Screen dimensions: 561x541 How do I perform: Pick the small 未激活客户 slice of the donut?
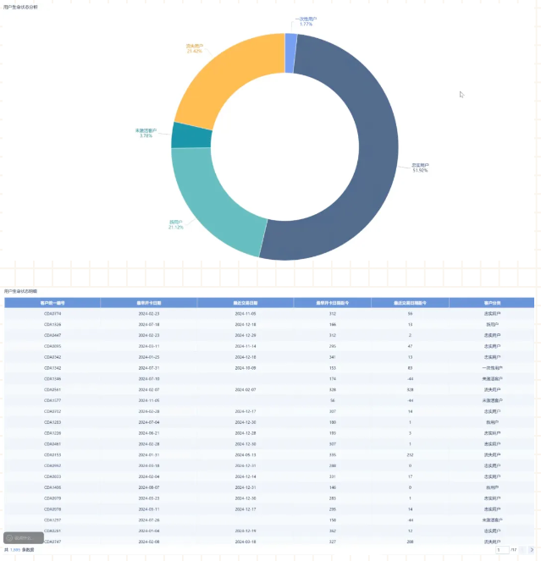[x=180, y=135]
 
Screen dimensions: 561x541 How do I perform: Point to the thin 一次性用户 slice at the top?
[x=290, y=41]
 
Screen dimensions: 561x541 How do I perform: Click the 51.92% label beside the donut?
[x=420, y=170]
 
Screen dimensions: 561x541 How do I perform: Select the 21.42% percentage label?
[x=194, y=52]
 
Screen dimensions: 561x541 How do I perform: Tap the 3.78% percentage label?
[x=146, y=135]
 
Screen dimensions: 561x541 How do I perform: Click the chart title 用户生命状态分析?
[x=20, y=6]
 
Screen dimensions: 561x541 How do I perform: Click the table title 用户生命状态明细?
[x=20, y=290]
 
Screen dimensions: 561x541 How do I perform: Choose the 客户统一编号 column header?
[x=52, y=302]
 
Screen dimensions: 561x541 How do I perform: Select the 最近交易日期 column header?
[x=246, y=302]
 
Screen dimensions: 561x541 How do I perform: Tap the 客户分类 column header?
[x=493, y=302]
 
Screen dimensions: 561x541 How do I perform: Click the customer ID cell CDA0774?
[x=52, y=313]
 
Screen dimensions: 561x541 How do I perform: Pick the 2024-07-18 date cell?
[x=149, y=324]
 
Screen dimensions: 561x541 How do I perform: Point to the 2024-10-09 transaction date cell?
[x=246, y=368]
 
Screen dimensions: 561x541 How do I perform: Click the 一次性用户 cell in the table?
[x=493, y=368]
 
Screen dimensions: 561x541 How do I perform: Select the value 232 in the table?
[x=410, y=454]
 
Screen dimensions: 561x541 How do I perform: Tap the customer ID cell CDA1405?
[x=52, y=487]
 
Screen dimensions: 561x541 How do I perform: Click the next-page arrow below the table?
[x=531, y=550]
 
